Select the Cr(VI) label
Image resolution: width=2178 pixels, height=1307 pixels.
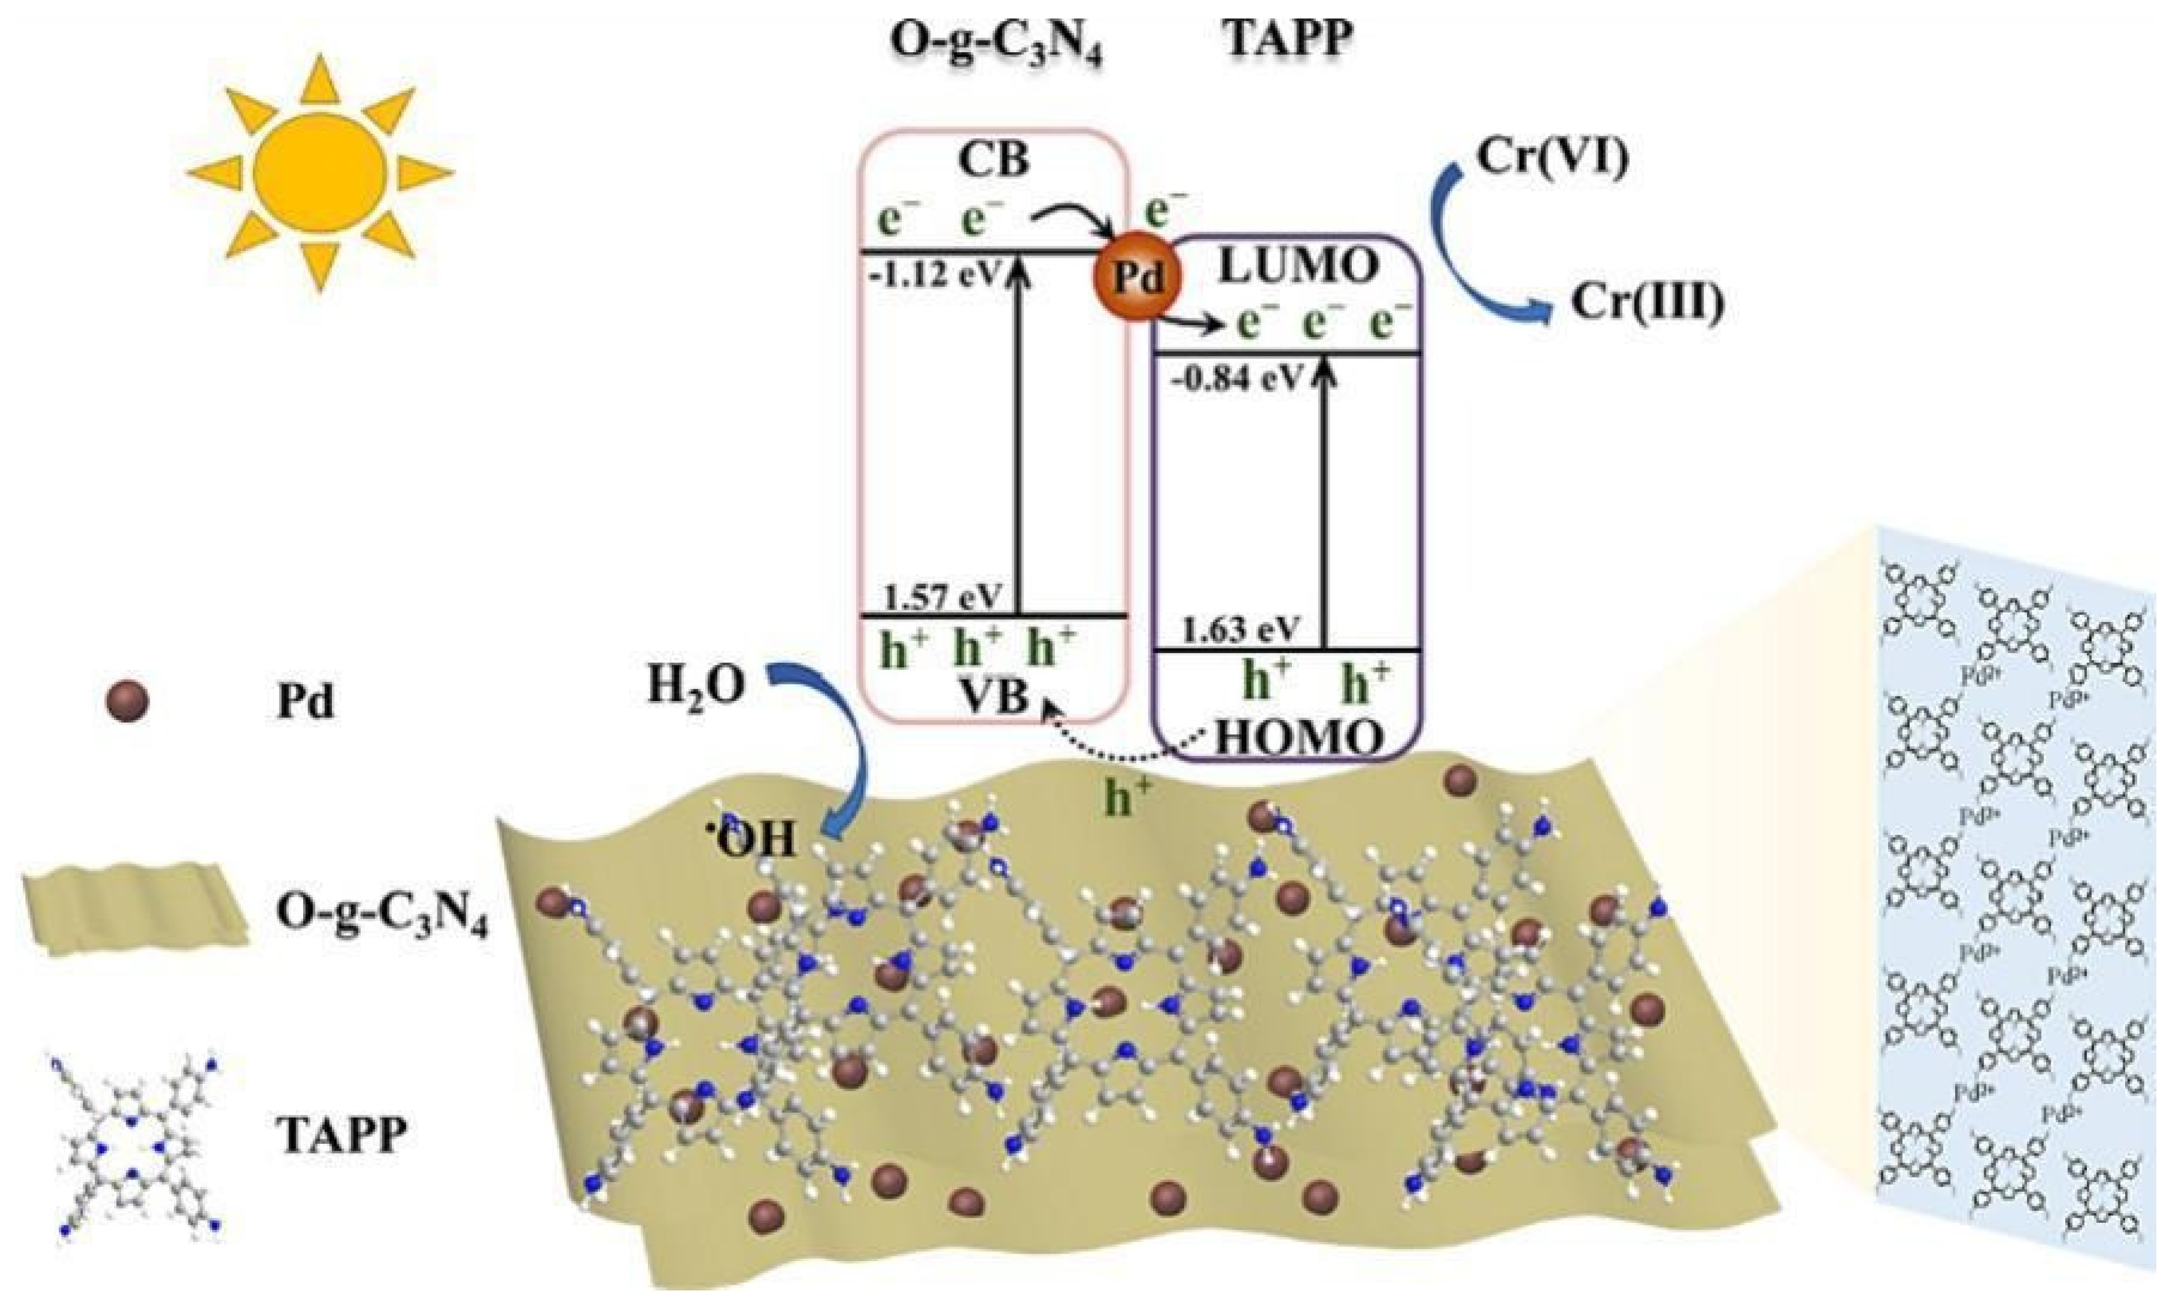(1552, 157)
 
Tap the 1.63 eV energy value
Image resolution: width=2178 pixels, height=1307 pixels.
(1240, 631)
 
